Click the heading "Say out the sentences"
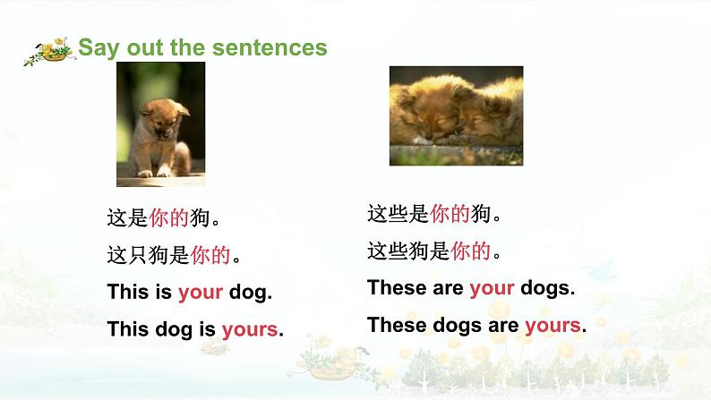coord(202,47)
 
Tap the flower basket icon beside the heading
coord(49,51)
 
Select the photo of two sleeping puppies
coord(456,116)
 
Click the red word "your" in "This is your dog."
coord(201,292)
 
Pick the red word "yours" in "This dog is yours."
coord(250,329)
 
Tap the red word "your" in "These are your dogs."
coord(492,288)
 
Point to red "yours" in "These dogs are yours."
coord(553,325)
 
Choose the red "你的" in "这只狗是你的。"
coord(210,255)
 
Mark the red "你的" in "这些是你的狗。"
coord(450,214)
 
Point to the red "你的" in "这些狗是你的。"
coord(471,251)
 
